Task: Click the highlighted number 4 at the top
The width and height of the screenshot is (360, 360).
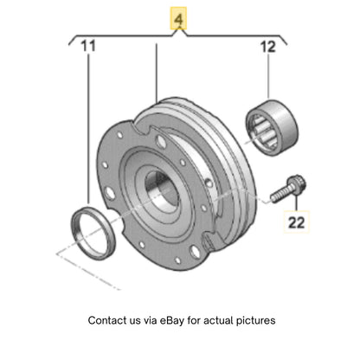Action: (x=178, y=19)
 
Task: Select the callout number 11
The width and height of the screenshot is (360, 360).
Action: (x=87, y=46)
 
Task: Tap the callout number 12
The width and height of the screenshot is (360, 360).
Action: (x=268, y=47)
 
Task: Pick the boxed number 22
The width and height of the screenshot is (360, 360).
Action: (x=296, y=222)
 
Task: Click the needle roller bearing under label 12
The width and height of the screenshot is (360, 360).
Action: (x=272, y=127)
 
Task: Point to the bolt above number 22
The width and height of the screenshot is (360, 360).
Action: (x=288, y=189)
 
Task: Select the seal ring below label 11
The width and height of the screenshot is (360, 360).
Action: (x=93, y=234)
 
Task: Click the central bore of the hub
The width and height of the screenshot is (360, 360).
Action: (x=162, y=190)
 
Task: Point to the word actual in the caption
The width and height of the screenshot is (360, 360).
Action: (x=218, y=320)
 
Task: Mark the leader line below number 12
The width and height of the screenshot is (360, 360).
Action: (x=268, y=77)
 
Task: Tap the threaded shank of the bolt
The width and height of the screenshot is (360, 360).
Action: (x=279, y=195)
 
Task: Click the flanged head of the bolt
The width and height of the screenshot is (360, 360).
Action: (x=297, y=183)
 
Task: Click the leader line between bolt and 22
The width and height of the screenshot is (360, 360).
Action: (x=296, y=202)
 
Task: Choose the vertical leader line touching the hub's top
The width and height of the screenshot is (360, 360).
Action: (x=157, y=74)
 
